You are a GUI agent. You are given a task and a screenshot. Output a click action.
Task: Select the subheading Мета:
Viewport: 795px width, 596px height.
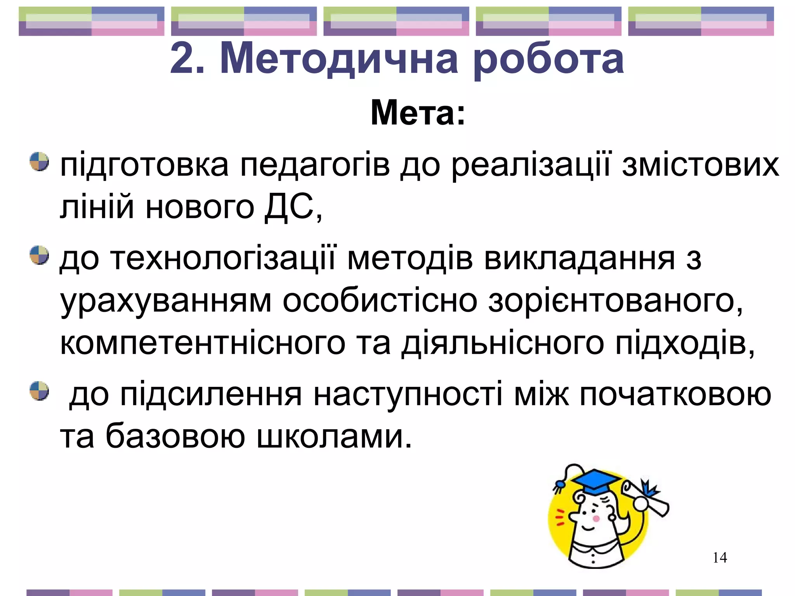(x=418, y=113)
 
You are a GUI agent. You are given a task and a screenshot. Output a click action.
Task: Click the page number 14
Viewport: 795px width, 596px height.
(x=720, y=558)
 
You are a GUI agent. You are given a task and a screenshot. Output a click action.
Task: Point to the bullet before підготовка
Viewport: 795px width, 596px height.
(x=39, y=162)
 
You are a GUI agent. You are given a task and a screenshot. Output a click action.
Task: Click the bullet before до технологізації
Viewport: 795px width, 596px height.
(x=39, y=255)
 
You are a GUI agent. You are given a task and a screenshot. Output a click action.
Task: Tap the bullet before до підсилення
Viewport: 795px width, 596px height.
(x=39, y=390)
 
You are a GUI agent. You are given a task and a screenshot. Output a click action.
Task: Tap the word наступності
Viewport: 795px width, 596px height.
(x=408, y=395)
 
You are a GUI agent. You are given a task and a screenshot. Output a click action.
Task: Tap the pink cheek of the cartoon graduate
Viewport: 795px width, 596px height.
(x=596, y=518)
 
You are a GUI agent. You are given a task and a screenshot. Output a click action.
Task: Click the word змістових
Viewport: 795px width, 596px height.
(x=700, y=165)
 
